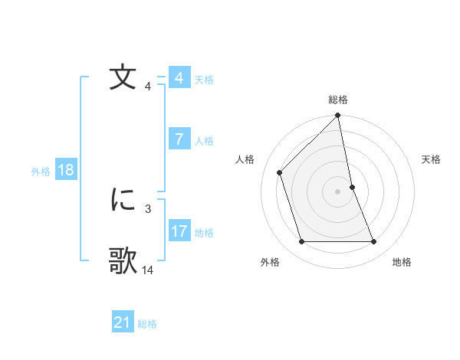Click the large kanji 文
(x=123, y=79)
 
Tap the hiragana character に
(x=123, y=200)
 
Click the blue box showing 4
(x=179, y=78)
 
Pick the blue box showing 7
(x=179, y=139)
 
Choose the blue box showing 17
(x=179, y=231)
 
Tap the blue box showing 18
(x=65, y=170)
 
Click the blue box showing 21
(x=123, y=322)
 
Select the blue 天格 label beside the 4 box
(x=204, y=79)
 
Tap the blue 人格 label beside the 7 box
(x=204, y=140)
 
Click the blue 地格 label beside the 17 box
(x=204, y=232)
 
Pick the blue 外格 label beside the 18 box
(x=41, y=172)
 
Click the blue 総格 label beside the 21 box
(x=147, y=324)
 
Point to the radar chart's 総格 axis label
(x=338, y=100)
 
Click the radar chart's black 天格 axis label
(x=432, y=159)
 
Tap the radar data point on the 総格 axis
(x=338, y=116)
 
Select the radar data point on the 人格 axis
(x=281, y=172)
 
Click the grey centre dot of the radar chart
(x=338, y=191)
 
